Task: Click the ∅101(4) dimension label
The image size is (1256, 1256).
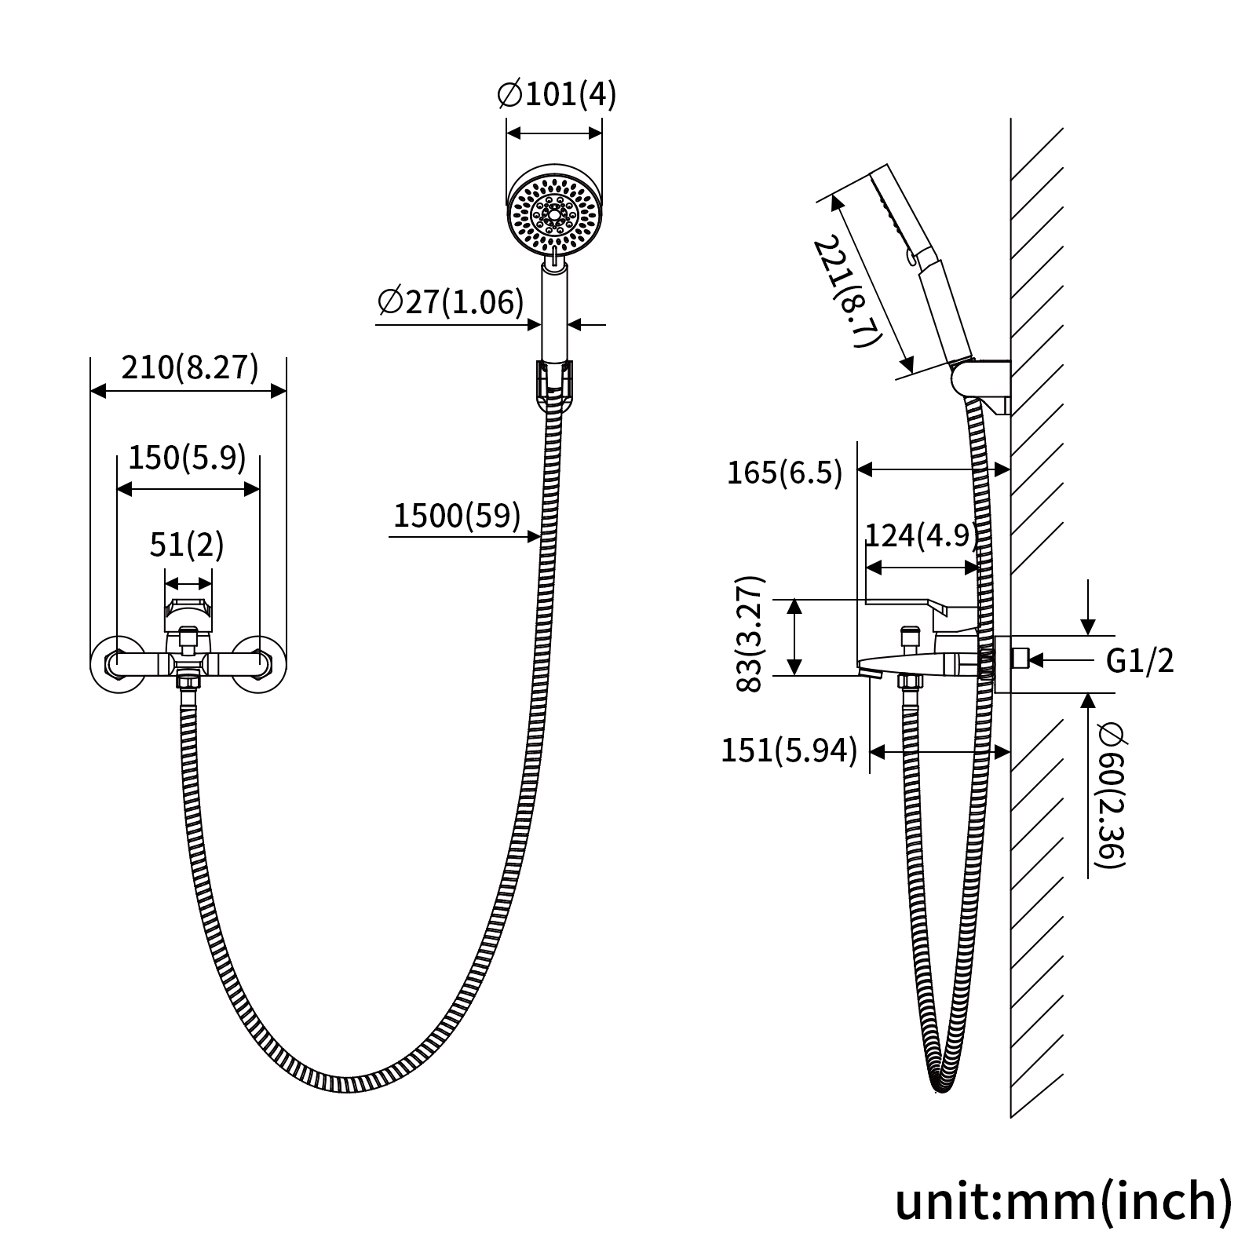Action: [x=557, y=95]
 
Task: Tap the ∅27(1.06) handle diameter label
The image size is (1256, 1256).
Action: [x=450, y=301]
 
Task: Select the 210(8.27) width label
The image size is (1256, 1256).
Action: [x=189, y=367]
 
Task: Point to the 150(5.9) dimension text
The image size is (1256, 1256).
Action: [x=187, y=457]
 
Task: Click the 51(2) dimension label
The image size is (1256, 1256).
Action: [x=187, y=545]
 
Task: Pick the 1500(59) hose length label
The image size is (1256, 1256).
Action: [x=457, y=516]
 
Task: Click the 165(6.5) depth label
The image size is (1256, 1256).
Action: [x=784, y=473]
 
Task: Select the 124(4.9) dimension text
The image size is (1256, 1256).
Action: [x=922, y=535]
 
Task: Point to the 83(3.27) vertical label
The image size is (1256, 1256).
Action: [x=750, y=633]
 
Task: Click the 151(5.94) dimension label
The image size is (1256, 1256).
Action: [x=789, y=750]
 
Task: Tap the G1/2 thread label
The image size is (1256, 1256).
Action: [x=1140, y=661]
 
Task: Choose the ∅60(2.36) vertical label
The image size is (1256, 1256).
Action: [x=1112, y=795]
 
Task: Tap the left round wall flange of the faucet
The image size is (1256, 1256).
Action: [x=118, y=663]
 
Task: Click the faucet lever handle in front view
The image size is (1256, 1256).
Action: [x=188, y=615]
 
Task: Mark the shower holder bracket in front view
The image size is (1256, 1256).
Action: [x=556, y=385]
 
